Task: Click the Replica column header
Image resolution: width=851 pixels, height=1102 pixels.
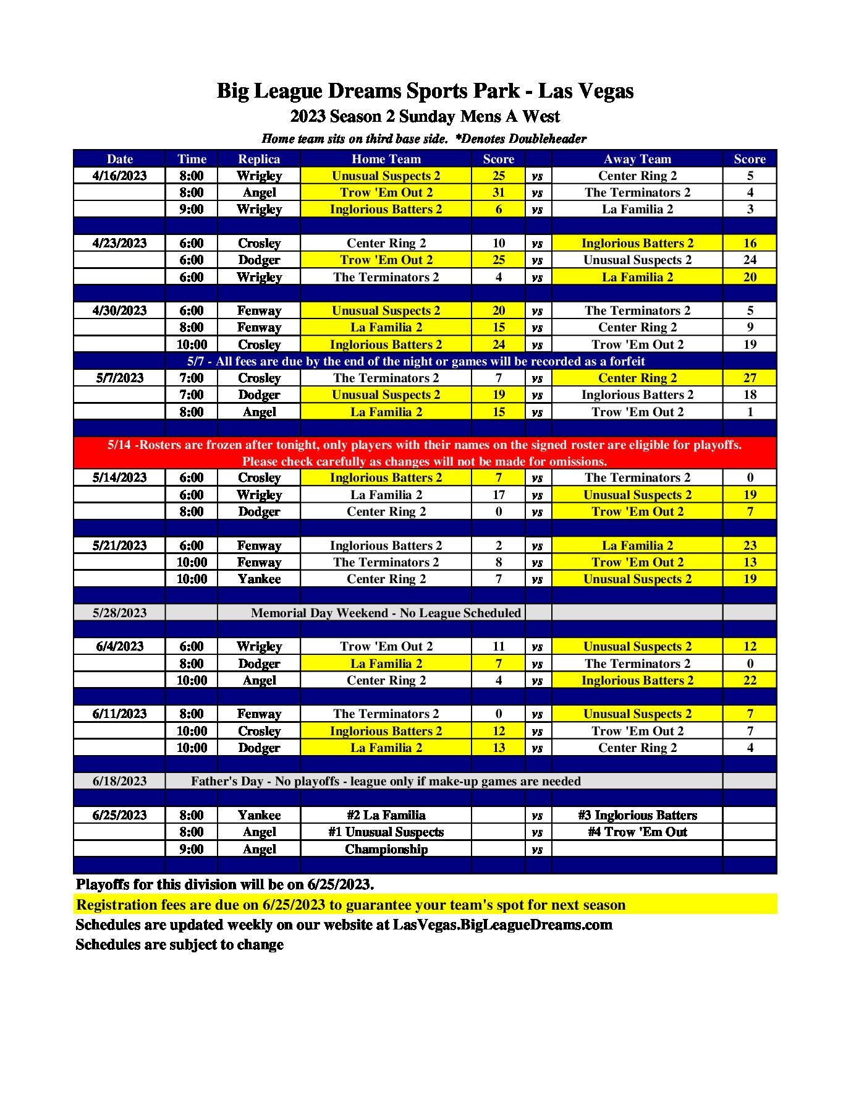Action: tap(259, 159)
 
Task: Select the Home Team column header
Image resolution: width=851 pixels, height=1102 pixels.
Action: tap(386, 159)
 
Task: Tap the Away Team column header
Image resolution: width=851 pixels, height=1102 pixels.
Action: tap(637, 159)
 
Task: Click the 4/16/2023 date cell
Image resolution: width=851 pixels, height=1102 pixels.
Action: tap(119, 176)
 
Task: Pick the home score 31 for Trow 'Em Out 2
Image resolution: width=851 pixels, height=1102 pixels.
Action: tap(498, 192)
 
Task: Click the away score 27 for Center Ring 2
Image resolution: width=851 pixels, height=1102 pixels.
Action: tap(749, 378)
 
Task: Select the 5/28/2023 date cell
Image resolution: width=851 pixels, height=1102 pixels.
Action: tap(119, 613)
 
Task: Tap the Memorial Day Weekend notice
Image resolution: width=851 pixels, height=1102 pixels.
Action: tap(386, 613)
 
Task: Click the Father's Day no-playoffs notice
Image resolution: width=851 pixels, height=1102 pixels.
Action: tap(386, 781)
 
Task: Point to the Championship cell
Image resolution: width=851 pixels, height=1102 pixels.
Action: tap(386, 849)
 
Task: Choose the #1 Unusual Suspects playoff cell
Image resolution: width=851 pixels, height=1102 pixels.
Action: tap(386, 832)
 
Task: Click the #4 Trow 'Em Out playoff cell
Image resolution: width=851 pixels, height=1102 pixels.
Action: tap(637, 832)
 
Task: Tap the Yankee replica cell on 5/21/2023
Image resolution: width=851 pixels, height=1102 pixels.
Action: tap(259, 579)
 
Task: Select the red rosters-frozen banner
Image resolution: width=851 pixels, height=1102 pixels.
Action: tap(425, 453)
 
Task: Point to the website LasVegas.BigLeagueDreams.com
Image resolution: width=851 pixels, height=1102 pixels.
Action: tap(502, 925)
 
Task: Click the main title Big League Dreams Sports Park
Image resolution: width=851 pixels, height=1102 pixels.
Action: tap(425, 91)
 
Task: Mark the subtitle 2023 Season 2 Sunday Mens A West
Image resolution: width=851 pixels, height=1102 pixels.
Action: tap(425, 116)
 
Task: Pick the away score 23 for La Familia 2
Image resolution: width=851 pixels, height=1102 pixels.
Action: tap(749, 545)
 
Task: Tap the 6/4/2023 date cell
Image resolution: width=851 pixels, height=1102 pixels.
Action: tap(119, 646)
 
